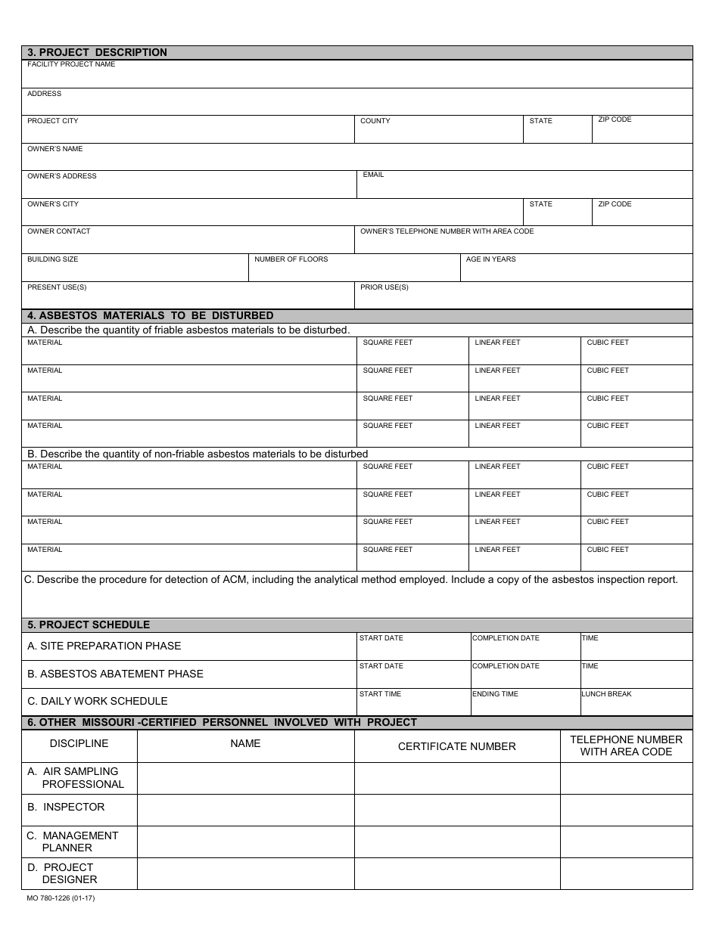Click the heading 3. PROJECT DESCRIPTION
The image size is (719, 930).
point(97,53)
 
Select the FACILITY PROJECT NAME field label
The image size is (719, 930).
point(71,65)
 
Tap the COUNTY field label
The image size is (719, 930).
point(375,121)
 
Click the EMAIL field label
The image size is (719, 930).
point(373,175)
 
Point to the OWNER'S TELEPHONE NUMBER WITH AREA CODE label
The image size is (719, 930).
point(447,231)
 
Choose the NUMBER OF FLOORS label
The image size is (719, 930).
point(291,259)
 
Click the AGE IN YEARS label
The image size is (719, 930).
point(490,259)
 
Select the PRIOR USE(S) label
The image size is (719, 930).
point(384,287)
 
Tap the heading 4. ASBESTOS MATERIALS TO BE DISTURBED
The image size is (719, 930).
point(150,316)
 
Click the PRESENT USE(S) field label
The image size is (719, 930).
point(57,287)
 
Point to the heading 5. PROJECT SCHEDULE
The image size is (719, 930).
point(89,625)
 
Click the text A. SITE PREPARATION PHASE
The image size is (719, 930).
point(104,646)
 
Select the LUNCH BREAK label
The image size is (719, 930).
point(606,694)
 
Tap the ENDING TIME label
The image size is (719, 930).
point(495,694)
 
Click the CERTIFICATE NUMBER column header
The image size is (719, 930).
point(456,746)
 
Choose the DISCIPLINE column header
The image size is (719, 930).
point(79,743)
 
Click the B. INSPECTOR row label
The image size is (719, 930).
point(66,807)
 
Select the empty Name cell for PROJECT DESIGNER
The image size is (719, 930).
point(245,873)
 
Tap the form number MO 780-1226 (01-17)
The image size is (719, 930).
point(61,898)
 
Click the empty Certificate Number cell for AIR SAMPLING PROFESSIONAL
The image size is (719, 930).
point(456,778)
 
